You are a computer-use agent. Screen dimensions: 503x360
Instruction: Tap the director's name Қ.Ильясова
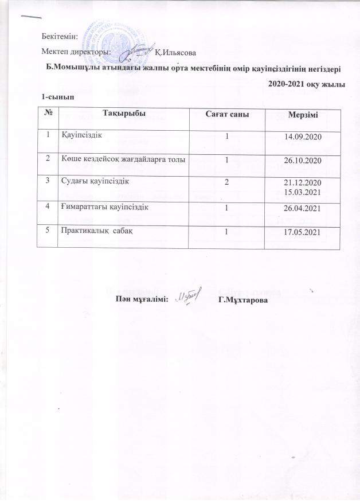pyautogui.click(x=175, y=53)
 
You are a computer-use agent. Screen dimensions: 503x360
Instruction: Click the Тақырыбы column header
pyautogui.click(x=124, y=113)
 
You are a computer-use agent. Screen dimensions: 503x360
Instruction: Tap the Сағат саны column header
pyautogui.click(x=227, y=113)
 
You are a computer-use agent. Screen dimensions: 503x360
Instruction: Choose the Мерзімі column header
pyautogui.click(x=302, y=114)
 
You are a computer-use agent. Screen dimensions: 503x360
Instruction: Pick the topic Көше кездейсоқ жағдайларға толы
pyautogui.click(x=123, y=159)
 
